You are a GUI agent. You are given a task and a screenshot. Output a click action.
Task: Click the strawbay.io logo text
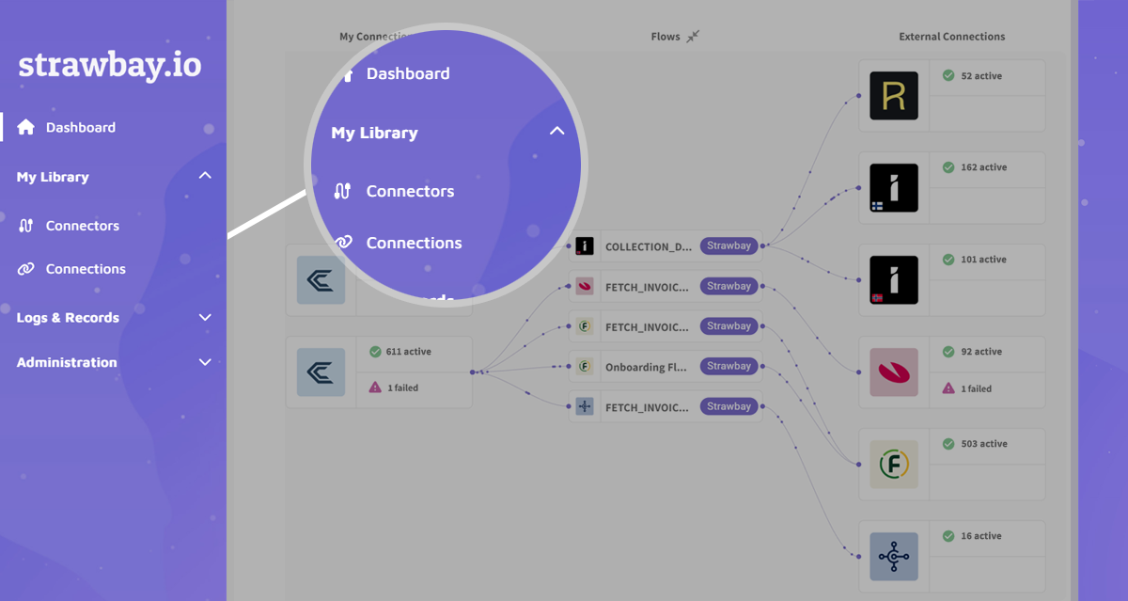[109, 65]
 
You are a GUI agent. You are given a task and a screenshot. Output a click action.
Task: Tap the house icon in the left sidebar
[26, 127]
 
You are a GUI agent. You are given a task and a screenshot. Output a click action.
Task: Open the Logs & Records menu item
[68, 318]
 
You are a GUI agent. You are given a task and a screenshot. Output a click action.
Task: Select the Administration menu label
[67, 362]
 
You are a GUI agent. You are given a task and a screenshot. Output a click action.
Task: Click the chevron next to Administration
[205, 362]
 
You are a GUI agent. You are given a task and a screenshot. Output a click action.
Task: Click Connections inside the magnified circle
[414, 243]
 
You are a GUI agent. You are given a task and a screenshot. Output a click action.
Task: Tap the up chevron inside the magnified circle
[556, 132]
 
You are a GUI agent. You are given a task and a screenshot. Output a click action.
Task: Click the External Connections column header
[951, 37]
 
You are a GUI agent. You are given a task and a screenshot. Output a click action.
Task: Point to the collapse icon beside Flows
[693, 37]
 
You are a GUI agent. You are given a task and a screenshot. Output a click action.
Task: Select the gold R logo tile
[893, 96]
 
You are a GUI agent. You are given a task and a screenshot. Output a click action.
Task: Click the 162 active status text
[983, 167]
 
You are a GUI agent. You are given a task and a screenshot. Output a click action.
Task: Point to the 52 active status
[980, 76]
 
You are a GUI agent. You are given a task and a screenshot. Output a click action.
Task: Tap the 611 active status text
[408, 352]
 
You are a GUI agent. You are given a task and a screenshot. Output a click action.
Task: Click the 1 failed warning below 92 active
[978, 388]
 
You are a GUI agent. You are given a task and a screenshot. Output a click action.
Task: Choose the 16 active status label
[980, 536]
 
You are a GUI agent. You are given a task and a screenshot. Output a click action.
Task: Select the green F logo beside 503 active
[893, 464]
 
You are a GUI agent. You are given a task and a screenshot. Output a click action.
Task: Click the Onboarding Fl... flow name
[646, 367]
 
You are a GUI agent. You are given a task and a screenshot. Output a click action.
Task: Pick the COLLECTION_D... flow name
[649, 246]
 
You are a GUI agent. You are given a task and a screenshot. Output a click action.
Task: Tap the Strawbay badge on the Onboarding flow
[728, 366]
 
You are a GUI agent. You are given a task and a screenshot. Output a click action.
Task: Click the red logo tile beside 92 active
[893, 372]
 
